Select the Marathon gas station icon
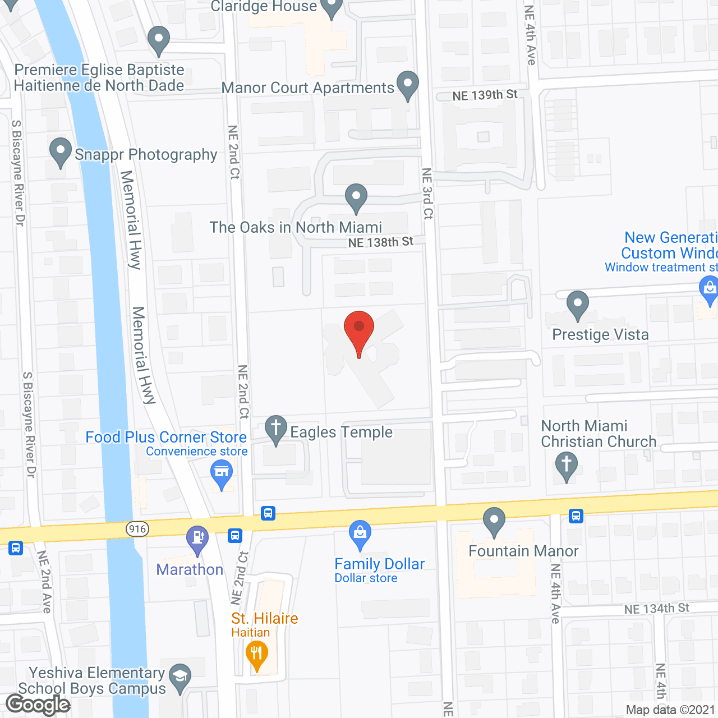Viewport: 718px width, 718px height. tap(197, 538)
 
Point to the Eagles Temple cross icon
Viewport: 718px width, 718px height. tap(276, 429)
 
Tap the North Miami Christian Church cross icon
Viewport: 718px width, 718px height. tap(566, 466)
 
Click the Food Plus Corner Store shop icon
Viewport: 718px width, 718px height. tap(222, 474)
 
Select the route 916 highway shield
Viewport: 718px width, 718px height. tap(137, 528)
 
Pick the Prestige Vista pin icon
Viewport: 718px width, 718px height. tap(577, 305)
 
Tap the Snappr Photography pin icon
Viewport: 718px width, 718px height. tap(60, 151)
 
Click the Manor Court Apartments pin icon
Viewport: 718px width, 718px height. tap(408, 84)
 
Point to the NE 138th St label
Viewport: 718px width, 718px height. tap(380, 242)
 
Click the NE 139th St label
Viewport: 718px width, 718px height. tap(485, 95)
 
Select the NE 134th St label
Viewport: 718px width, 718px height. tap(656, 609)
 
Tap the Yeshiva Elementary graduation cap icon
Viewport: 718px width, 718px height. tap(180, 677)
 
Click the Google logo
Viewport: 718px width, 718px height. tap(38, 705)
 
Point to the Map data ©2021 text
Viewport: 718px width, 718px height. tap(670, 710)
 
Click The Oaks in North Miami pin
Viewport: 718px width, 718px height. tap(356, 197)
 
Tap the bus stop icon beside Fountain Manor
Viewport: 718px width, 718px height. tap(576, 516)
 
